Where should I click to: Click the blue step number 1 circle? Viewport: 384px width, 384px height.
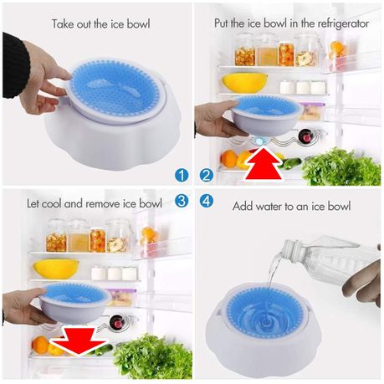tap(182, 175)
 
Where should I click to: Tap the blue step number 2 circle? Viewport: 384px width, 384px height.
tap(207, 175)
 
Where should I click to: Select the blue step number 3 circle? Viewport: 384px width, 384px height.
tap(182, 201)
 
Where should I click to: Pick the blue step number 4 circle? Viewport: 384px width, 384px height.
tap(207, 201)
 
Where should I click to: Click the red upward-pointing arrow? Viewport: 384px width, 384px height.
tap(264, 165)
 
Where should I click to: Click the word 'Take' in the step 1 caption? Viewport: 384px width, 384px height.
tap(63, 23)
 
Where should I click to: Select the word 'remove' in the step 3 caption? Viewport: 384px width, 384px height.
tap(104, 203)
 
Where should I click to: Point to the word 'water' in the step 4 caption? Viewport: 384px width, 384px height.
tap(269, 207)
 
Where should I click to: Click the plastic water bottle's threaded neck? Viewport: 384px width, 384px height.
tap(290, 250)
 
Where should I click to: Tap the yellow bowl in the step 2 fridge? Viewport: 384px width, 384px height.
tap(244, 83)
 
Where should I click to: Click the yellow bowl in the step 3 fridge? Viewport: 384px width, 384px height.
tap(56, 269)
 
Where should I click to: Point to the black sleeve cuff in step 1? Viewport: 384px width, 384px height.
tap(15, 65)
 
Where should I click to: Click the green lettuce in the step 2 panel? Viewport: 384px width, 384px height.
tap(341, 167)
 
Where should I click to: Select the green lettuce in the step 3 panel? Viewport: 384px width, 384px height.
tap(153, 357)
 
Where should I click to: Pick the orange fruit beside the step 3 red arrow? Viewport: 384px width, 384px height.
tap(40, 345)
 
